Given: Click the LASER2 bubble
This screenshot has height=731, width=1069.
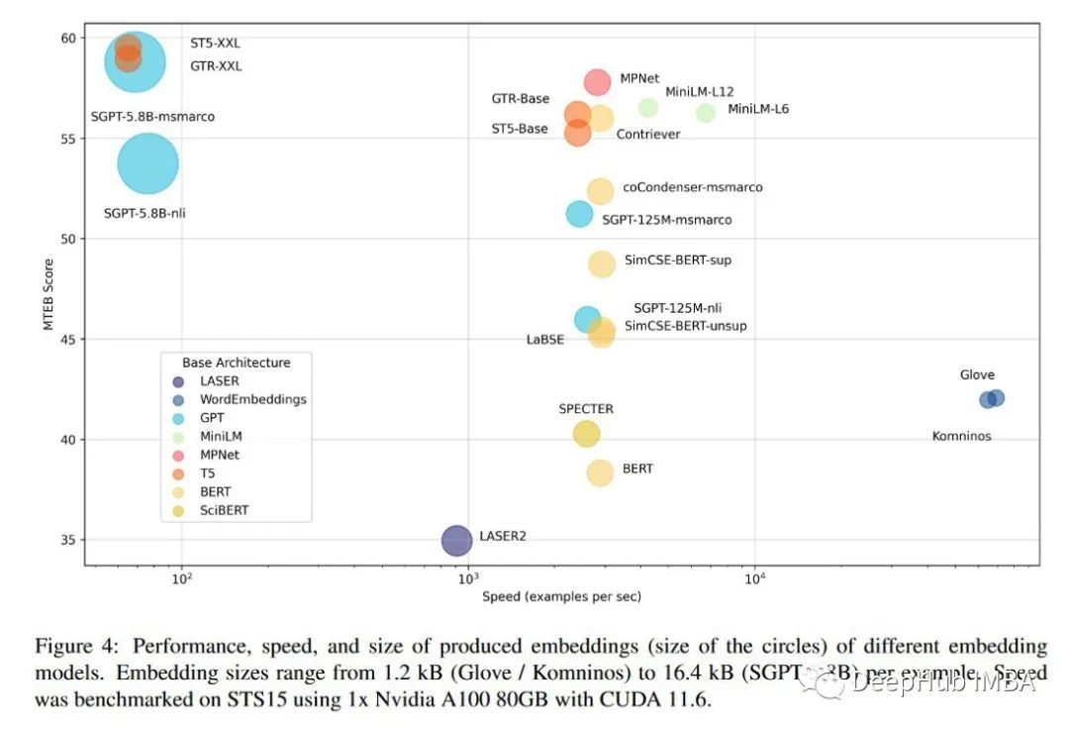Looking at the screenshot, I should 456,540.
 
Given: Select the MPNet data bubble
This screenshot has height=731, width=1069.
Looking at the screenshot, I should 597,81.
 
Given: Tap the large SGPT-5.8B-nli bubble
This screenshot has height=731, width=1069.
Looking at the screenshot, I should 147,163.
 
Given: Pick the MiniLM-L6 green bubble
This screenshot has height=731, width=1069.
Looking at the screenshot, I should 706,113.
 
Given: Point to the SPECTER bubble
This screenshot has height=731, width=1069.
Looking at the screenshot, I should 587,433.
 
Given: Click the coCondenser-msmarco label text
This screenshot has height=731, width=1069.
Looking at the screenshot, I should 693,187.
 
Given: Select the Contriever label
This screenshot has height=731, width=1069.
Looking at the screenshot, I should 648,134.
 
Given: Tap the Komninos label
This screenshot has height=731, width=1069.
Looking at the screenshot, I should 961,436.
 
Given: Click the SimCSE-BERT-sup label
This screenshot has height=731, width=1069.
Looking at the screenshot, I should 678,261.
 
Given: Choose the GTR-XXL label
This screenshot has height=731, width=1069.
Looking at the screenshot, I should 216,66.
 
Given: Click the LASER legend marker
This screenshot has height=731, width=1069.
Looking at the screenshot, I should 178,381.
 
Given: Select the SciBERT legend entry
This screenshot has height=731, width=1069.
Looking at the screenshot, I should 223,510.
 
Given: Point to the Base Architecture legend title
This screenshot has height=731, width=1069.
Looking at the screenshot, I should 237,363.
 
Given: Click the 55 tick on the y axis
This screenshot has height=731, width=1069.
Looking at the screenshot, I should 66,138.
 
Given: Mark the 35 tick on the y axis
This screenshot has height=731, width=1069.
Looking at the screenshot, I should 66,540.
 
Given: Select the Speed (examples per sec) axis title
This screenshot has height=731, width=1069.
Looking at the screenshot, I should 561,596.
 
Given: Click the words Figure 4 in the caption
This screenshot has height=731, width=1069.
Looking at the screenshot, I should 72,647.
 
